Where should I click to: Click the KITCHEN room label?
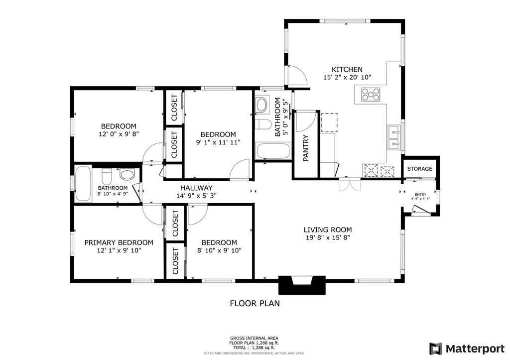[347, 70]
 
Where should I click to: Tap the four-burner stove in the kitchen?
[371, 94]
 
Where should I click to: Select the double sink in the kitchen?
[393, 138]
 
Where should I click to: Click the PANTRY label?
[306, 148]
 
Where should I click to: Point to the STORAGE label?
[420, 169]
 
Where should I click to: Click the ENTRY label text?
[420, 195]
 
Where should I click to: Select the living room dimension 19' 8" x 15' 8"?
[328, 238]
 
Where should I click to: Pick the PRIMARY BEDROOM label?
[119, 242]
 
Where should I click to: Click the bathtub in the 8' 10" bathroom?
[83, 184]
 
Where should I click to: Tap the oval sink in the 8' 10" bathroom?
[127, 175]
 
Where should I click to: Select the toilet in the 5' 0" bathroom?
[262, 124]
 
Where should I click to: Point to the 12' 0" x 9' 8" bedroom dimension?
[119, 134]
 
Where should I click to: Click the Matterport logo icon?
[436, 348]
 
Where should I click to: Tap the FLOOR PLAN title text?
[255, 303]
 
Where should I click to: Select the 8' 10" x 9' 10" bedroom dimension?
[219, 250]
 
